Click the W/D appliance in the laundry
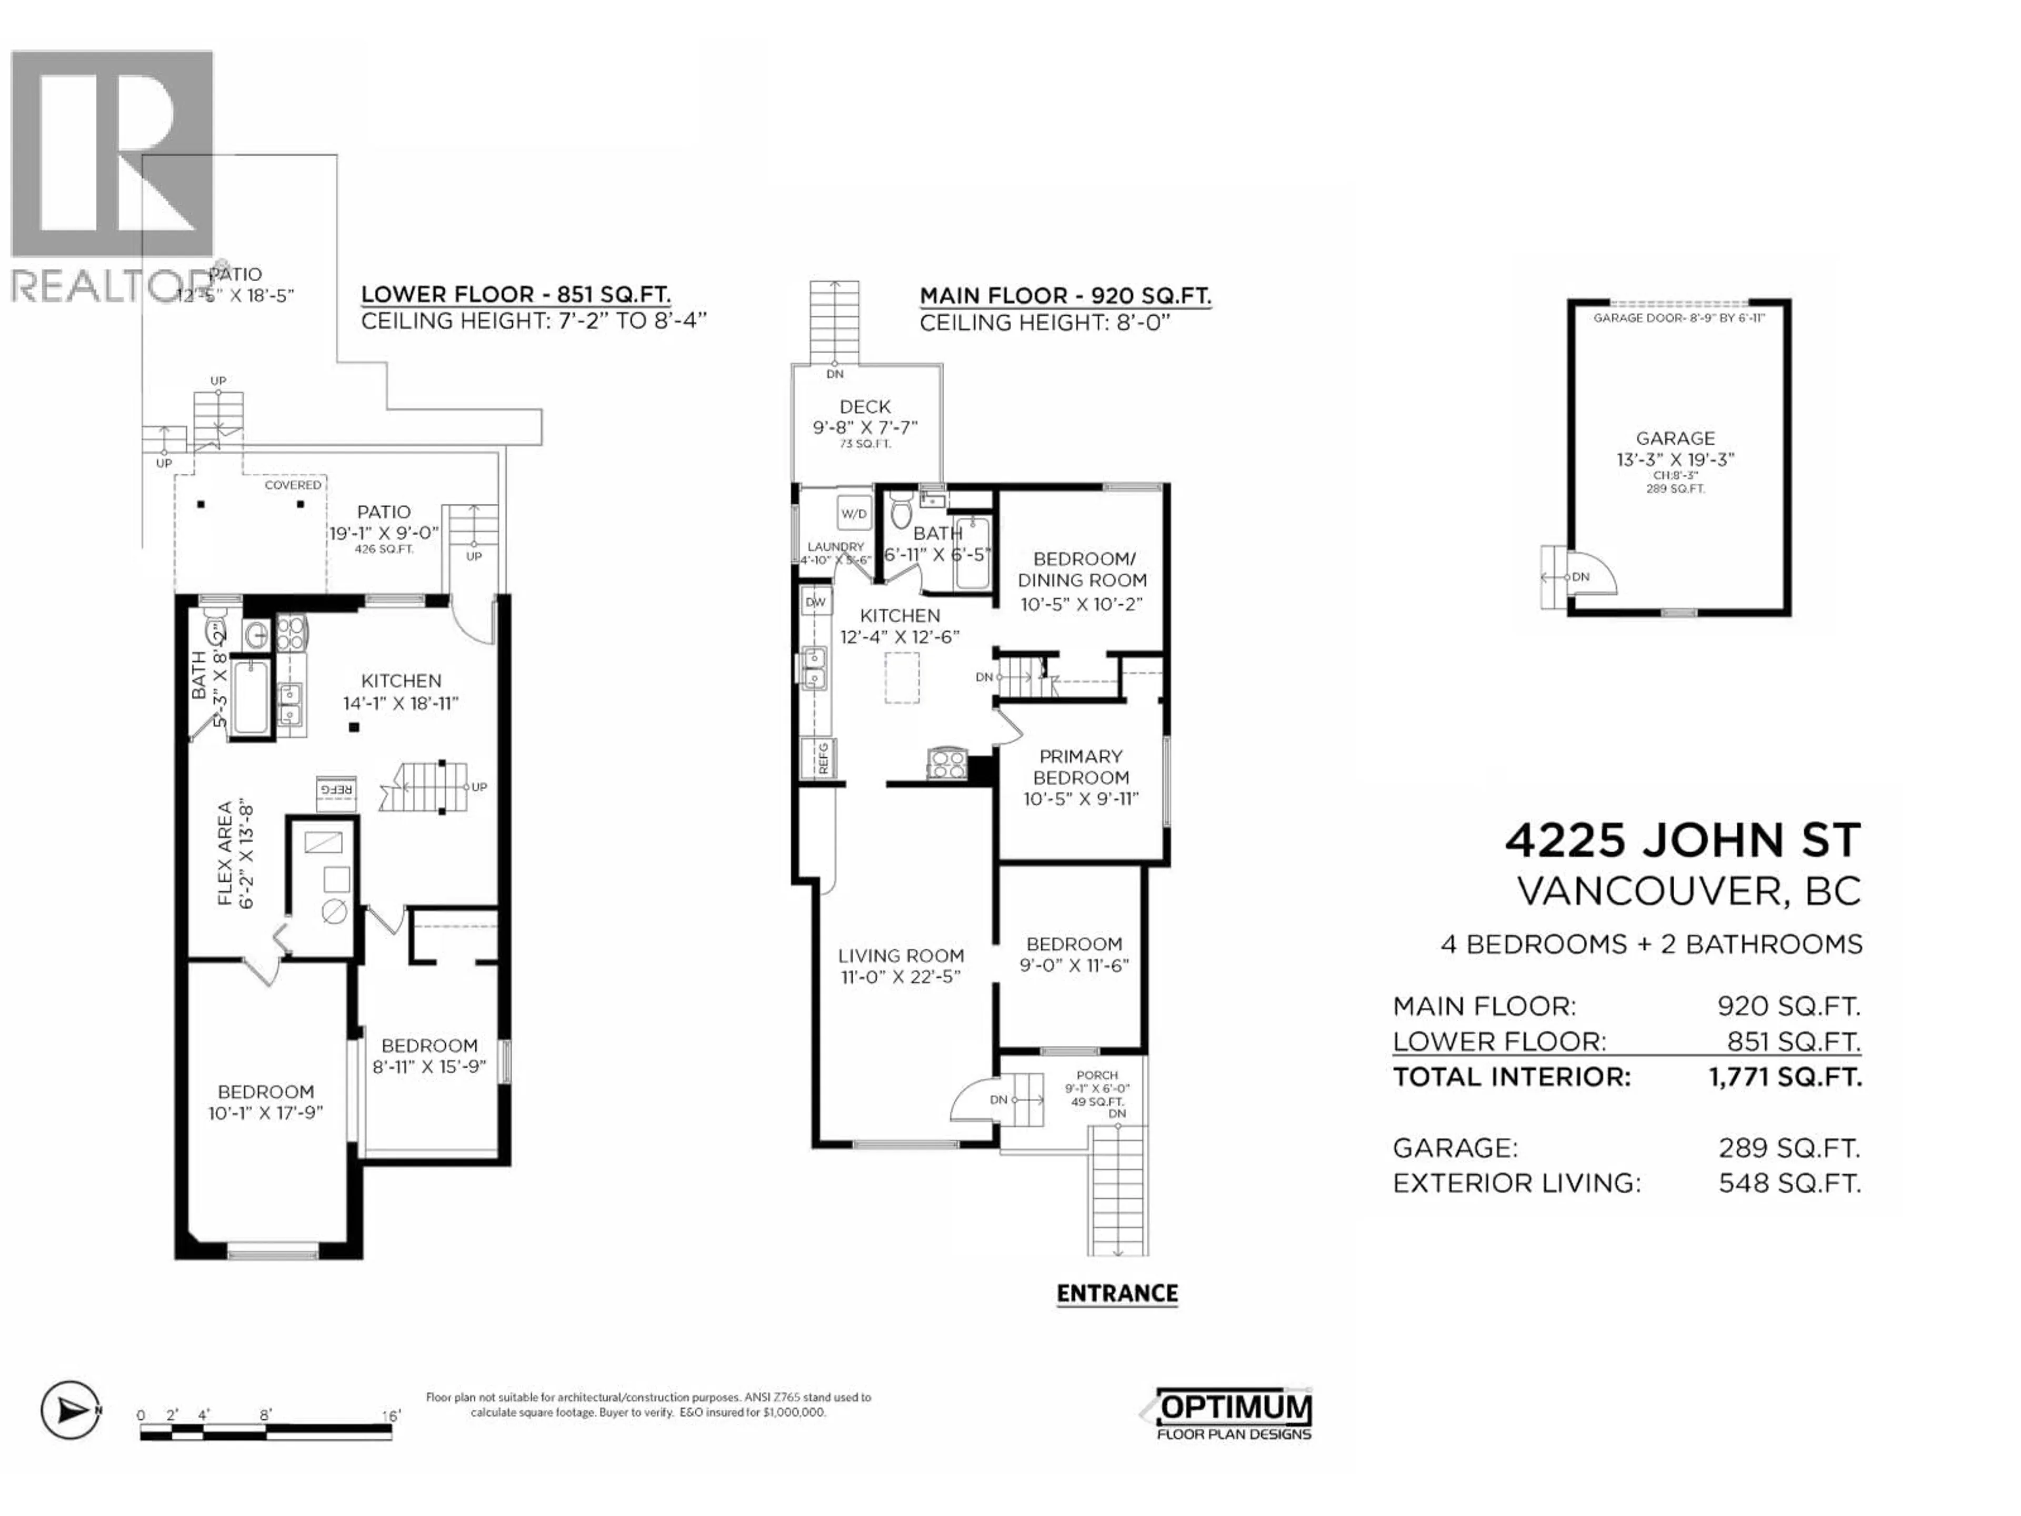point(854,514)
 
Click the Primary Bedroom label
point(1081,766)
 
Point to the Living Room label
point(901,956)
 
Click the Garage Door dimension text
point(1678,318)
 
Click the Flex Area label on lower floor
point(234,853)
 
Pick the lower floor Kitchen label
point(401,681)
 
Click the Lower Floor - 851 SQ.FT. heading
point(515,294)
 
